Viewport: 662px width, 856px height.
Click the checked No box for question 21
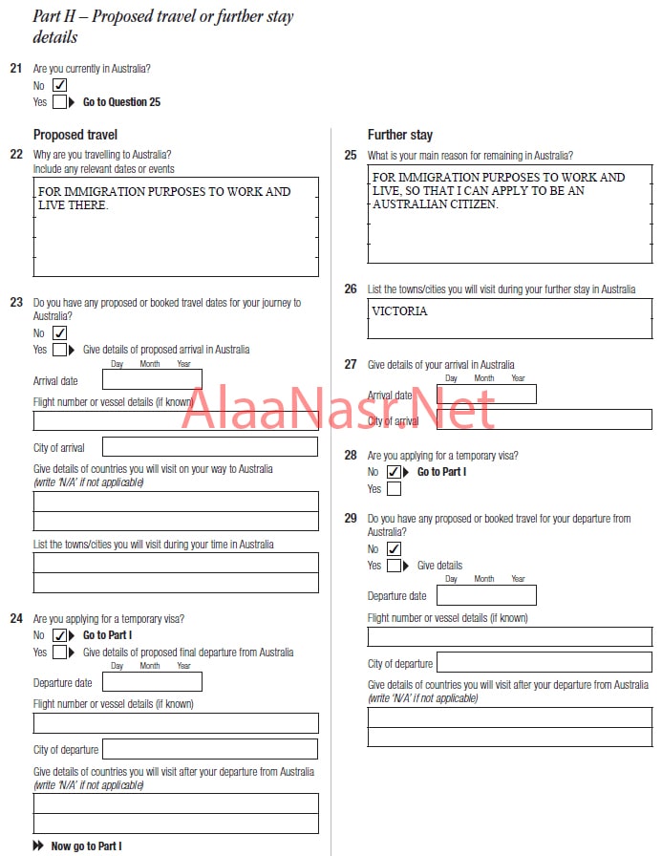pos(59,85)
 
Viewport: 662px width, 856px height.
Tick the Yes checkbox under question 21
pos(59,101)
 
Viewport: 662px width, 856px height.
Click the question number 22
pos(16,155)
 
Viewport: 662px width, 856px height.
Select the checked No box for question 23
pos(59,332)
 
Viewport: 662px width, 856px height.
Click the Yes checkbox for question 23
pos(59,350)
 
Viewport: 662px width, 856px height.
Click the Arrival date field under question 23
pos(152,380)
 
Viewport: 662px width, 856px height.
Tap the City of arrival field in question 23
pos(210,447)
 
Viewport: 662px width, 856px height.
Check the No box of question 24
pos(59,635)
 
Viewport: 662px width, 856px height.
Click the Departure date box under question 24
pos(152,682)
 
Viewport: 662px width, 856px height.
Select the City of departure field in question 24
pos(210,749)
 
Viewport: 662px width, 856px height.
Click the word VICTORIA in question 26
pos(400,311)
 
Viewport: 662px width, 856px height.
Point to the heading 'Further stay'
pos(400,135)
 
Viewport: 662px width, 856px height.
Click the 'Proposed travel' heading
pos(75,135)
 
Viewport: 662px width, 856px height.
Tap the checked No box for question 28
pos(394,472)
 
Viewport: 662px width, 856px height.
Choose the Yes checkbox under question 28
pos(394,489)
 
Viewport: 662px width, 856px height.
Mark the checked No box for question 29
pos(394,549)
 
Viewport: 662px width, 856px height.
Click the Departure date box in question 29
pos(486,595)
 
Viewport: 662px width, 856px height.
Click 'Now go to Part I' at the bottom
pos(86,845)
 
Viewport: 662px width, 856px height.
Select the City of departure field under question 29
pos(545,662)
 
